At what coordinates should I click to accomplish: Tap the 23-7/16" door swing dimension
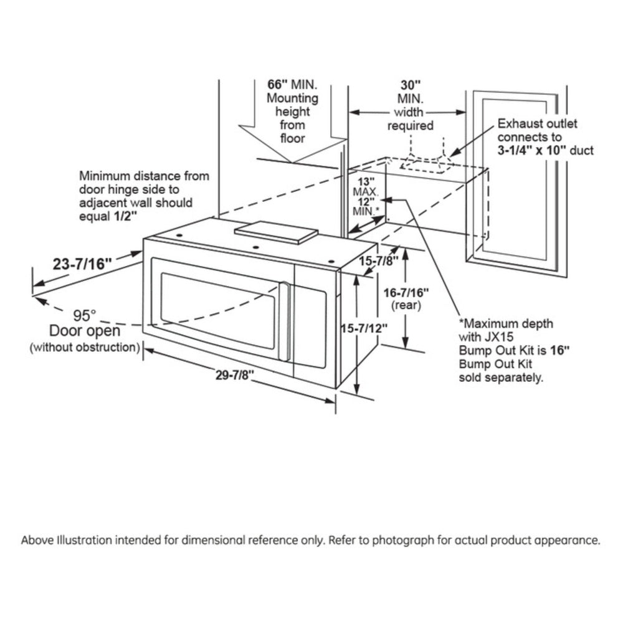[82, 264]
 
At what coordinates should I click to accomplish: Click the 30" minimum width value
[410, 84]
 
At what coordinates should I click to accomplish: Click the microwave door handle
[285, 321]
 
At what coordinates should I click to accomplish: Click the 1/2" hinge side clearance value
[125, 216]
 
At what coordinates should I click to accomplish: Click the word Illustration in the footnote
[80, 540]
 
